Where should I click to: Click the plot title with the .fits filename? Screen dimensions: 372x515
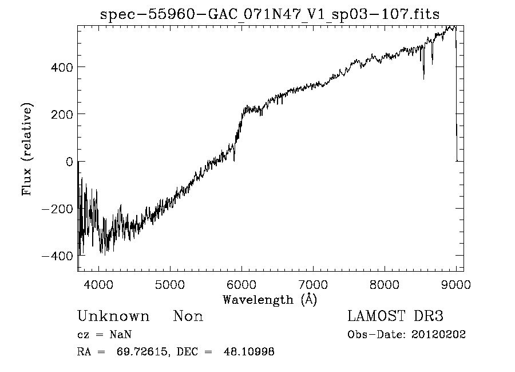[270, 15]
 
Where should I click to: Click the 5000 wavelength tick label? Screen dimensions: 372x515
[170, 284]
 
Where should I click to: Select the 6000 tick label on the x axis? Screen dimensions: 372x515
[241, 284]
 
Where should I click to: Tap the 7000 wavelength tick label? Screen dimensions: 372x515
[313, 284]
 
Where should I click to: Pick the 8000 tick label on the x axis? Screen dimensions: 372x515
[385, 284]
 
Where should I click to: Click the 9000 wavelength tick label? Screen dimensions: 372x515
[455, 284]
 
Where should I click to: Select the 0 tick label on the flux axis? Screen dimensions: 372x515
[69, 162]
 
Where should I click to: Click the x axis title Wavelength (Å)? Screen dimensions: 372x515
[270, 299]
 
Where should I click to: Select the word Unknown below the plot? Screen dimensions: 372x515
[113, 316]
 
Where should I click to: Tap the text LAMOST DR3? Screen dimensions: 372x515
[395, 316]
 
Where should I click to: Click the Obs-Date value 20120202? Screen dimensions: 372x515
[438, 335]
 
